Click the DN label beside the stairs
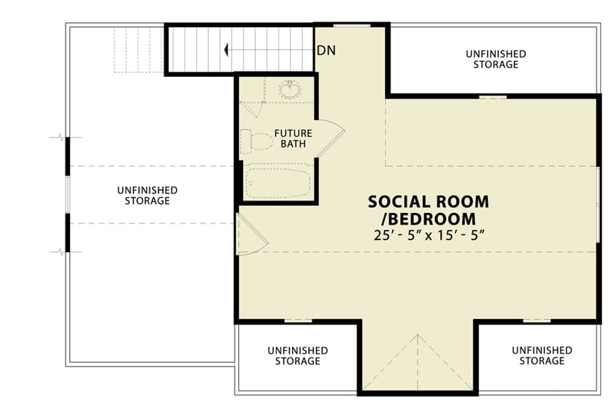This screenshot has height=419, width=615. tap(326, 51)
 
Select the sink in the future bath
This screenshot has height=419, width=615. tap(291, 90)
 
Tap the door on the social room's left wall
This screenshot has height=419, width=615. tap(251, 234)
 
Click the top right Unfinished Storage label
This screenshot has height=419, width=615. tap(496, 59)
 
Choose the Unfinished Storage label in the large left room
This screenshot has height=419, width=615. tap(148, 195)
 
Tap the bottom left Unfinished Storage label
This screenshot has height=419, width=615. tap(298, 355)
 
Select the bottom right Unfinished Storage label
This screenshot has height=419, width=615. tap(542, 355)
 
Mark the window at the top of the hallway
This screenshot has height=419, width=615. tap(352, 25)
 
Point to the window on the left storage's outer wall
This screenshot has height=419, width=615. tap(68, 194)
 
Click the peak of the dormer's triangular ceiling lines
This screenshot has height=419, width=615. tap(417, 335)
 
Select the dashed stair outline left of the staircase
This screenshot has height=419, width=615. tap(138, 50)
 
